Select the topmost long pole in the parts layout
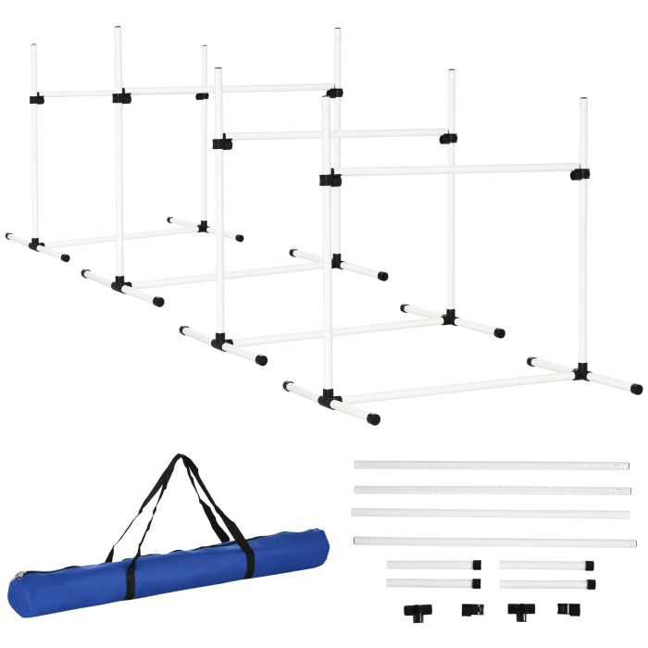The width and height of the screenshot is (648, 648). (491, 464)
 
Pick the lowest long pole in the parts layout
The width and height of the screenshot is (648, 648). (494, 542)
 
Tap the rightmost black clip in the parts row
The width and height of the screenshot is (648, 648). (566, 609)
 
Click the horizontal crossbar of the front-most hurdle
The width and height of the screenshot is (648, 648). (454, 170)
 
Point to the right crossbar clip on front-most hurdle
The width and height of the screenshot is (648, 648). (579, 173)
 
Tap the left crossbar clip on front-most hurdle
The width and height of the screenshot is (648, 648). (330, 178)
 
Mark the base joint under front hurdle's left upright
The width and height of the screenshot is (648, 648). (329, 400)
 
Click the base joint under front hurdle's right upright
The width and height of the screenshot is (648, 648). (580, 372)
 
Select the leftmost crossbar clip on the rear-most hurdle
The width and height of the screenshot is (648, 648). (37, 98)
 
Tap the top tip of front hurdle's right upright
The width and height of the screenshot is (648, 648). (583, 100)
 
